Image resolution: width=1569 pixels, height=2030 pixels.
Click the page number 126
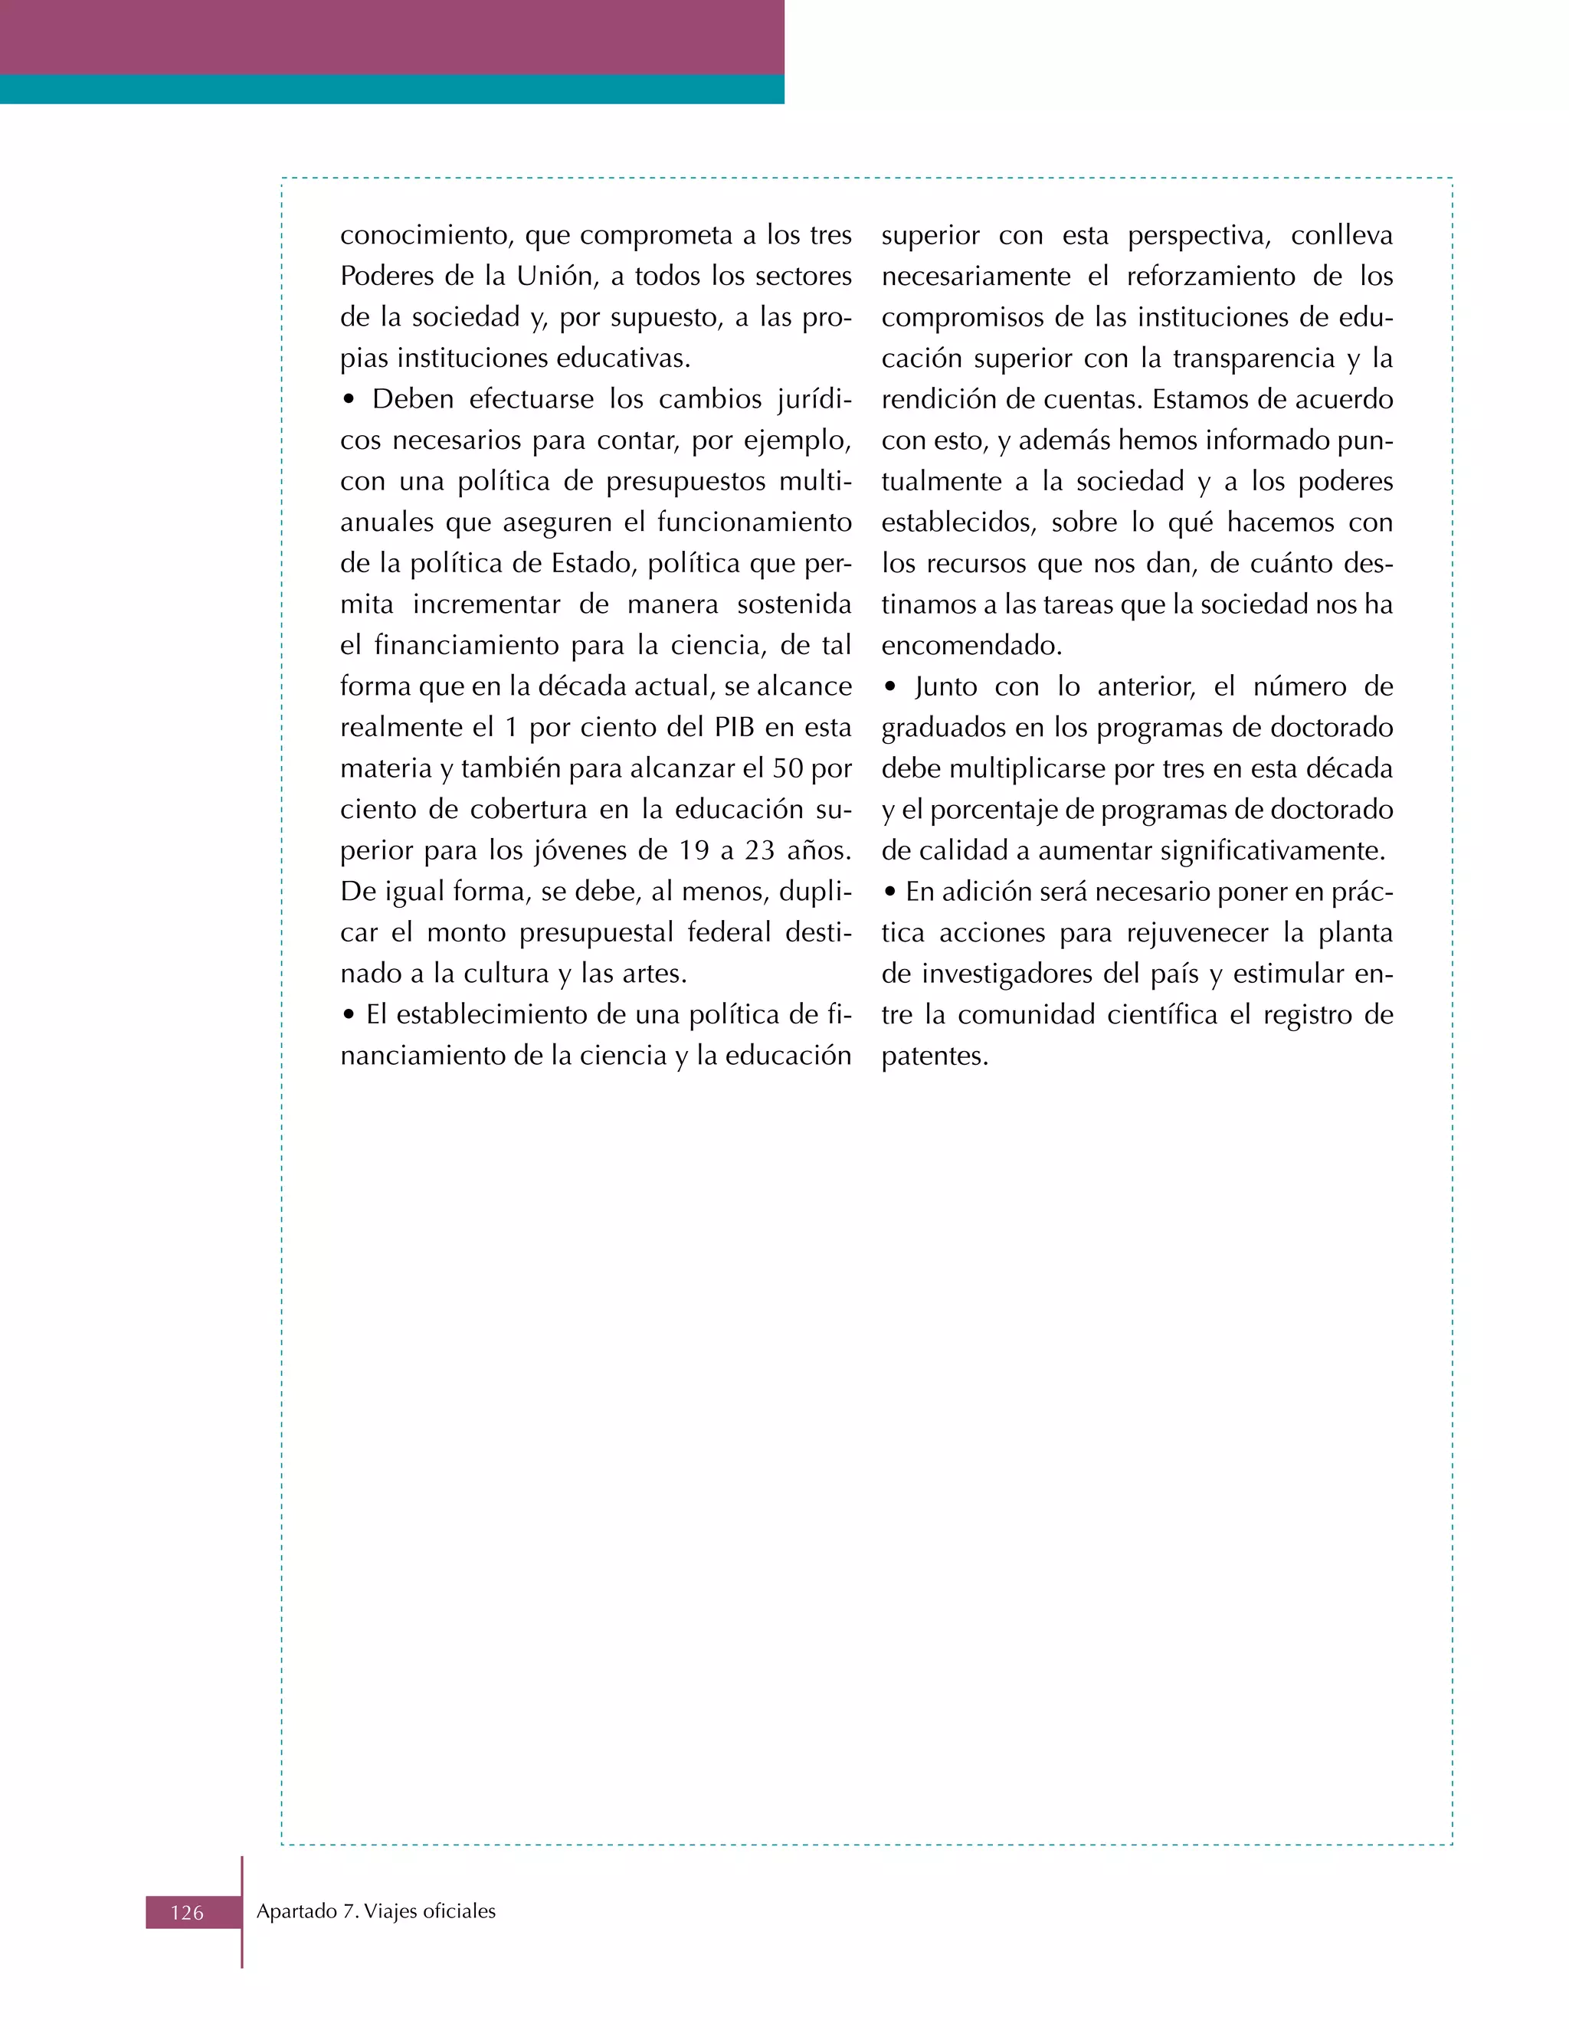(x=187, y=1912)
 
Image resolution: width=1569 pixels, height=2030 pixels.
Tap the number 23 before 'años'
(x=759, y=850)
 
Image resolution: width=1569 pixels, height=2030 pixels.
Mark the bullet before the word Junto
(x=890, y=688)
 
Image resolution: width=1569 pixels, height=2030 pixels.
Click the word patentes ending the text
(x=934, y=1056)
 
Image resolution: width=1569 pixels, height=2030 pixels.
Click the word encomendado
(x=971, y=645)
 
